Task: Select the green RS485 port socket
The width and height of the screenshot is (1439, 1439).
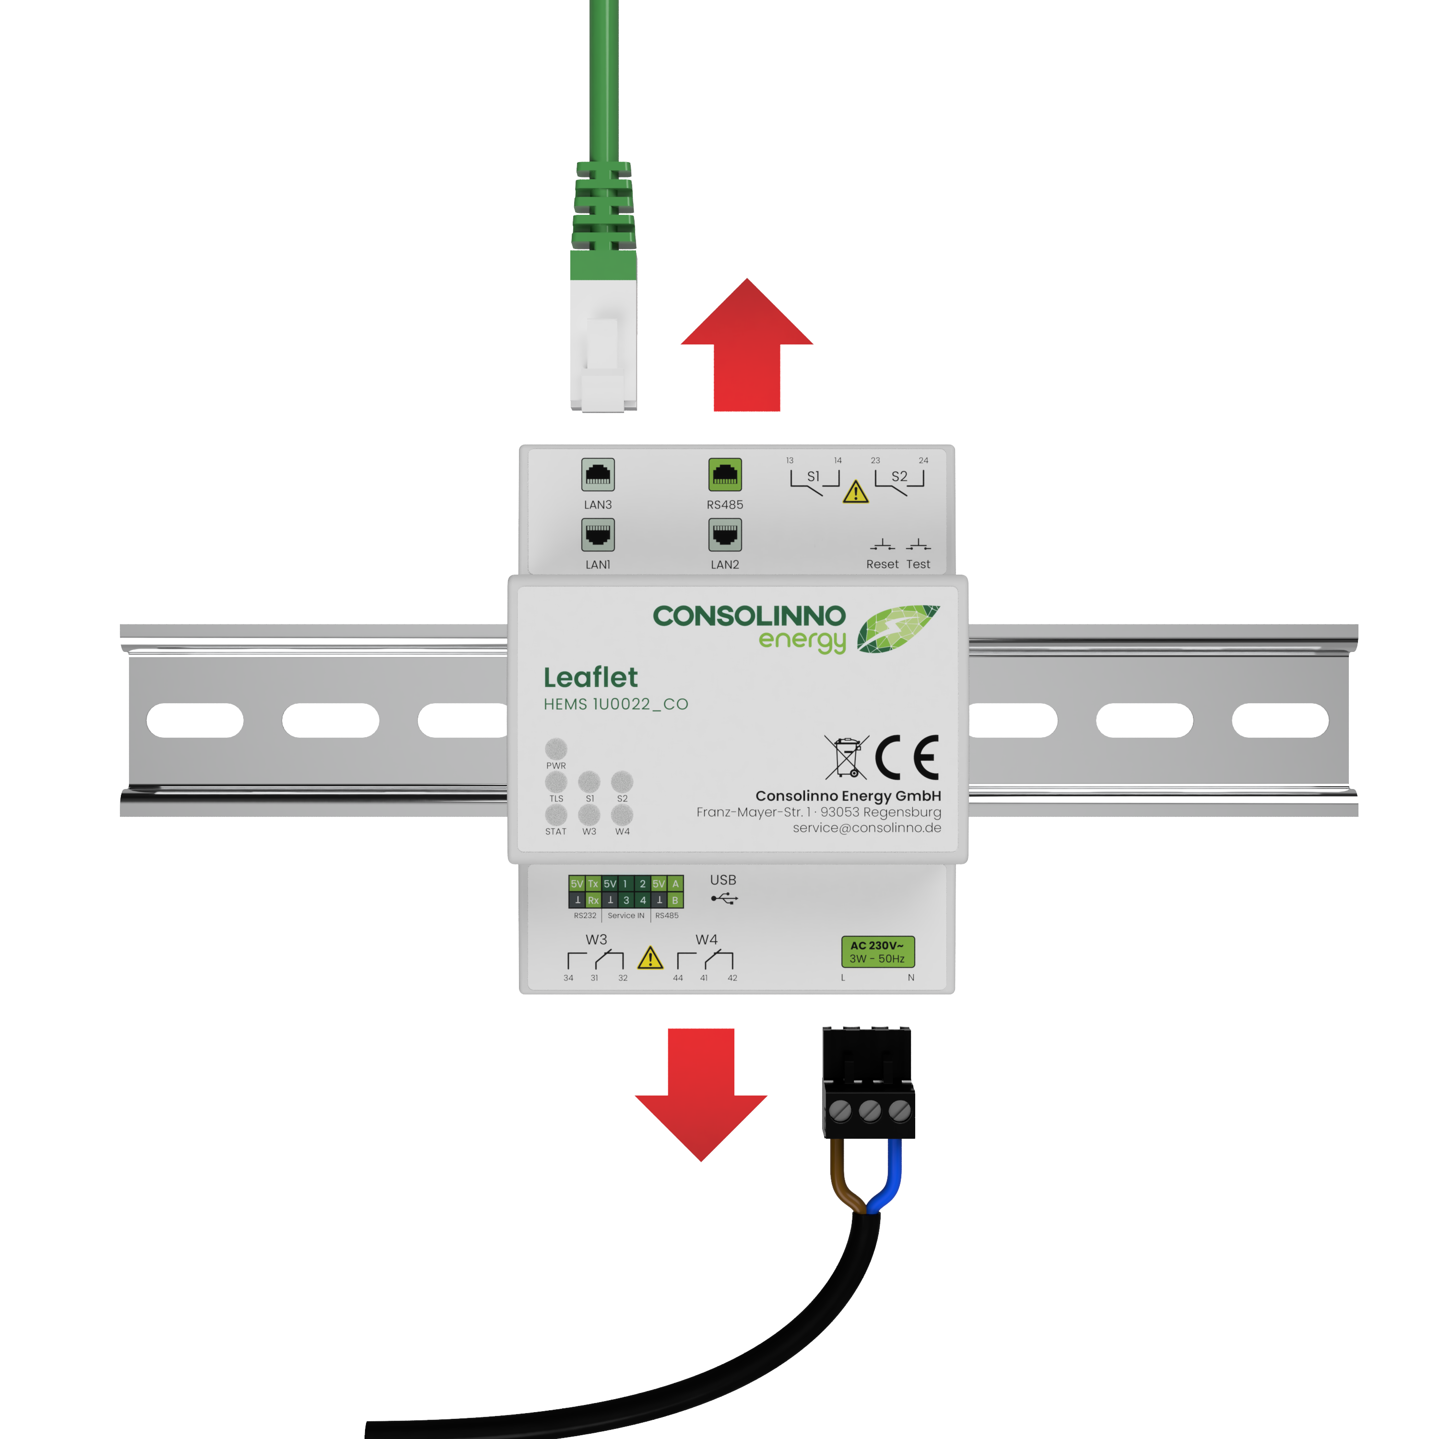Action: pyautogui.click(x=725, y=474)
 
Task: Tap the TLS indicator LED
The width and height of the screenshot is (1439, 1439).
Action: pyautogui.click(x=555, y=782)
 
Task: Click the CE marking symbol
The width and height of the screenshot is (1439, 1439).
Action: pyautogui.click(x=907, y=757)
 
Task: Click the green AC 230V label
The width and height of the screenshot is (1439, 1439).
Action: pyautogui.click(x=877, y=952)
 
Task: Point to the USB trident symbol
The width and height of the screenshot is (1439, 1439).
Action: pyautogui.click(x=724, y=899)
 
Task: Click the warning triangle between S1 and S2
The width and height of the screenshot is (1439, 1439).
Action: pyautogui.click(x=856, y=492)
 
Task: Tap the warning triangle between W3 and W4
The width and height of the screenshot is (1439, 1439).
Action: pyautogui.click(x=650, y=958)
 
